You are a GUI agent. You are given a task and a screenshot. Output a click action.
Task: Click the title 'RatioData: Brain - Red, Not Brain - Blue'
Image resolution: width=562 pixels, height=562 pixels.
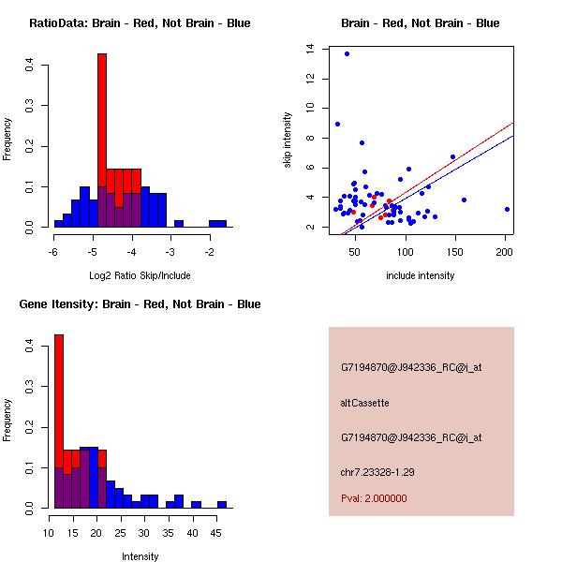140,23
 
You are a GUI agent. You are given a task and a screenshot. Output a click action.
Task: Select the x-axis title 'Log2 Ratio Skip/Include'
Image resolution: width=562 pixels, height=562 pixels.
139,275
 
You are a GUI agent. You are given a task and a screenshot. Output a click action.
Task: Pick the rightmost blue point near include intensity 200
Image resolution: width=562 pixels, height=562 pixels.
507,209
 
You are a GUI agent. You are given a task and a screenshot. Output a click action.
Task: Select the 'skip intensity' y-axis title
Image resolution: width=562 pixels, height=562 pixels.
288,140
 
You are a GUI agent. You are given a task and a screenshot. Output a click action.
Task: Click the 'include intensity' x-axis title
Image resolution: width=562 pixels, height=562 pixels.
421,275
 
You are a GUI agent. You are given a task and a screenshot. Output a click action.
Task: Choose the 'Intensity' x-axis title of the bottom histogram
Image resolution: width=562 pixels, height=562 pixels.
140,555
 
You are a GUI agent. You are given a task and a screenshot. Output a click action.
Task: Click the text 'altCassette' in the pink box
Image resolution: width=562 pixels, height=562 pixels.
364,403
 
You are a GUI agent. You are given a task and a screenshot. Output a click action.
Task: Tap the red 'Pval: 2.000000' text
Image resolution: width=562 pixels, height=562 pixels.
374,498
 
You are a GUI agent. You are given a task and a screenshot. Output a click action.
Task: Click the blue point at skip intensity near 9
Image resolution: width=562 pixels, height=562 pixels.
337,124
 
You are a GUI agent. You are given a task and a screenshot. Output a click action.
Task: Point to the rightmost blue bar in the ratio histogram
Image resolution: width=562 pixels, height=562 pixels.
217,224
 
